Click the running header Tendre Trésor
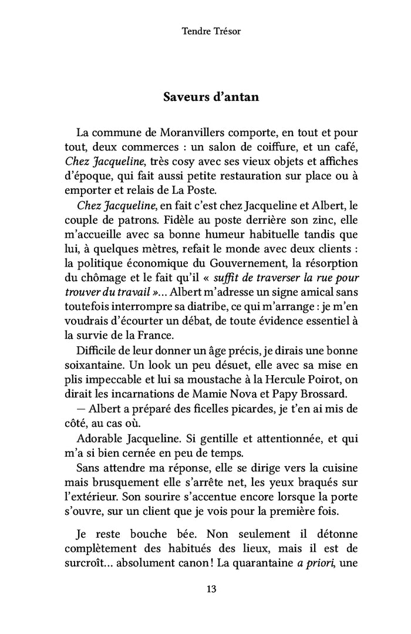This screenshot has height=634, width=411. click(211, 31)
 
